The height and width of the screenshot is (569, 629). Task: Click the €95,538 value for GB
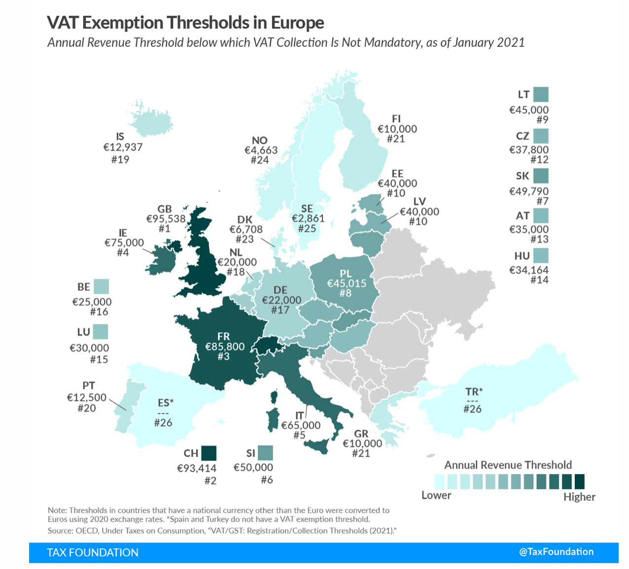pyautogui.click(x=166, y=219)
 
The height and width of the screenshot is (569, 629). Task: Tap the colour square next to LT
pyautogui.click(x=541, y=94)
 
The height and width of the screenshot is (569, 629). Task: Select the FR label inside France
pyautogui.click(x=223, y=337)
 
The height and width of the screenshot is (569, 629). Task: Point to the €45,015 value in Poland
pyautogui.click(x=347, y=284)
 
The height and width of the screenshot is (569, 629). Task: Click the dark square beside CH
pyautogui.click(x=209, y=453)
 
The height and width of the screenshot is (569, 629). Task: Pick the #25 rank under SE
pyautogui.click(x=307, y=228)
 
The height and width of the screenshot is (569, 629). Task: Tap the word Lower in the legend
pyautogui.click(x=436, y=495)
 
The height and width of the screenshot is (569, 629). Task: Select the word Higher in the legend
pyautogui.click(x=579, y=497)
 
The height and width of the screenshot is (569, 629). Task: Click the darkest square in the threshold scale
pyautogui.click(x=579, y=481)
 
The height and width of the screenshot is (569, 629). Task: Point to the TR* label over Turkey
pyautogui.click(x=474, y=392)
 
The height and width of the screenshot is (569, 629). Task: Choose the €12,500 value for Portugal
pyautogui.click(x=87, y=398)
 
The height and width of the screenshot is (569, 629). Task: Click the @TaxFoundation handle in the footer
pyautogui.click(x=556, y=552)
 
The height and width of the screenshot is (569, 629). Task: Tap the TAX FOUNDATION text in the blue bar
pyautogui.click(x=93, y=552)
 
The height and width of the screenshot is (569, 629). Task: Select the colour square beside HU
pyautogui.click(x=541, y=255)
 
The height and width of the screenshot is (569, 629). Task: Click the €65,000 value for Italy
pyautogui.click(x=301, y=425)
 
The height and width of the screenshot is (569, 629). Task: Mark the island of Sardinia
pyautogui.click(x=272, y=419)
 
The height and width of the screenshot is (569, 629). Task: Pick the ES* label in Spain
pyautogui.click(x=166, y=403)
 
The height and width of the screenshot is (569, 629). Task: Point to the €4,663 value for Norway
pyautogui.click(x=261, y=150)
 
